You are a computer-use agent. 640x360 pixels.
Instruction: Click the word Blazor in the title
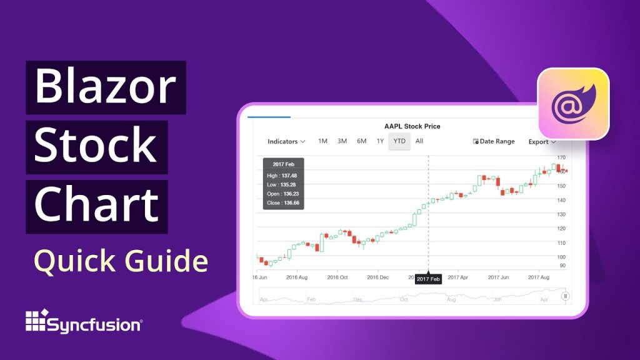(106, 87)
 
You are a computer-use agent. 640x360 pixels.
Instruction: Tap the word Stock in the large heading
(96, 146)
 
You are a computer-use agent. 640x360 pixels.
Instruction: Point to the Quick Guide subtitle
(120, 261)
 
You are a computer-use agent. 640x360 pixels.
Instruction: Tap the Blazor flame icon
(573, 103)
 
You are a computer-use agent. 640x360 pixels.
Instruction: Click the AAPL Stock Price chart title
(412, 126)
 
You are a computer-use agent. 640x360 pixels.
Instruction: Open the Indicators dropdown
(286, 141)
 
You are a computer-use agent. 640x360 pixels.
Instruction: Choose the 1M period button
(322, 141)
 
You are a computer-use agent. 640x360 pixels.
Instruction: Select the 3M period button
(342, 141)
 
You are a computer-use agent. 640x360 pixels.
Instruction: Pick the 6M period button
(361, 141)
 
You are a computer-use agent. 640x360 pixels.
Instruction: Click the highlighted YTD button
(399, 141)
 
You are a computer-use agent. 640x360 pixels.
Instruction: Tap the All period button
(419, 141)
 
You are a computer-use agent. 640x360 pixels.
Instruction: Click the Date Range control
(494, 141)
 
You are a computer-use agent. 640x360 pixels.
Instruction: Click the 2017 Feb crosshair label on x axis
(428, 279)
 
